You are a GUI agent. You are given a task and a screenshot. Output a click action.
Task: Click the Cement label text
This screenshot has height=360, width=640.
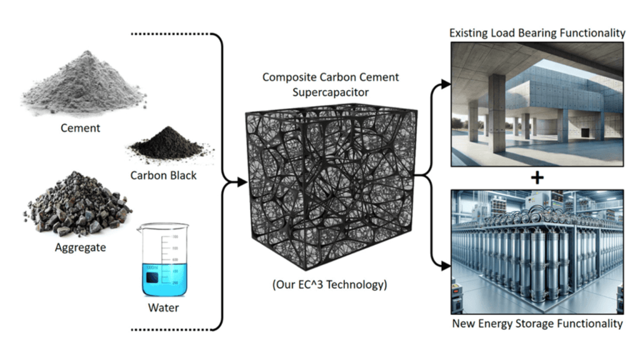[x=79, y=128]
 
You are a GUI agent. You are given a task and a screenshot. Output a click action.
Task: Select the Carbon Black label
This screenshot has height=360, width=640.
[x=163, y=175]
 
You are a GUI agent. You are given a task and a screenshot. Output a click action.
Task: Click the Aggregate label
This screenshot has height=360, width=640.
[x=79, y=247]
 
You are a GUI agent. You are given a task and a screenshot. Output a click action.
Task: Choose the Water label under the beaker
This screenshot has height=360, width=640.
[x=163, y=307]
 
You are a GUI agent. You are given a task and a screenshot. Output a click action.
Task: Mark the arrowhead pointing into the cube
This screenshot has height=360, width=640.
[x=241, y=182]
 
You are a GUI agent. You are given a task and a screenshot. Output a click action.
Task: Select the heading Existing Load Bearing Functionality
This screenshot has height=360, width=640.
[x=537, y=32]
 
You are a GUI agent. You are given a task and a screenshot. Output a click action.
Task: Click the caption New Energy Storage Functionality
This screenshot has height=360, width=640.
[x=537, y=323]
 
